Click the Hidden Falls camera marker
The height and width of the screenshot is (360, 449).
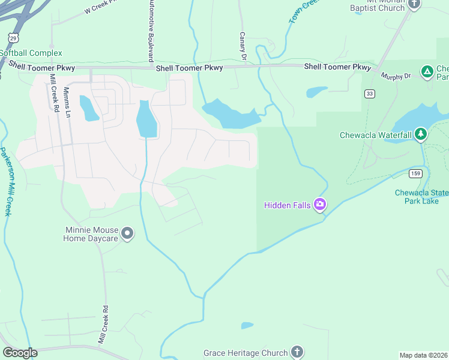[320, 205]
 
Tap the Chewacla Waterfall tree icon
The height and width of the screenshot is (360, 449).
[421, 133]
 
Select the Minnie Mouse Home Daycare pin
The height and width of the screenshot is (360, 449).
[127, 232]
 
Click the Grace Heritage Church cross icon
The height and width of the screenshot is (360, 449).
[297, 352]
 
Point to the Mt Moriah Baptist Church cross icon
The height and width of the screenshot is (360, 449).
[414, 4]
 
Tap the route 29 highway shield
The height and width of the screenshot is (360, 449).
[13, 38]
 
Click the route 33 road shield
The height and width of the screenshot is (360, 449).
[369, 94]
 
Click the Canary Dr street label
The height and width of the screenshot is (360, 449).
[243, 47]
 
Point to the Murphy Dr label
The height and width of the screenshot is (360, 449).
[395, 76]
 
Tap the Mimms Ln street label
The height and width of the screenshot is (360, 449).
[67, 102]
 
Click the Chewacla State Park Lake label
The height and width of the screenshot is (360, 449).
[421, 196]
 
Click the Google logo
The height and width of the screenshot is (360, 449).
[20, 353]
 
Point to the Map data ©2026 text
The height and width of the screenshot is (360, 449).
[424, 355]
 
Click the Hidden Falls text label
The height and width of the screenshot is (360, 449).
[288, 205]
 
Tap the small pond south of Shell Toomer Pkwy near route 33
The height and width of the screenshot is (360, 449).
[316, 92]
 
